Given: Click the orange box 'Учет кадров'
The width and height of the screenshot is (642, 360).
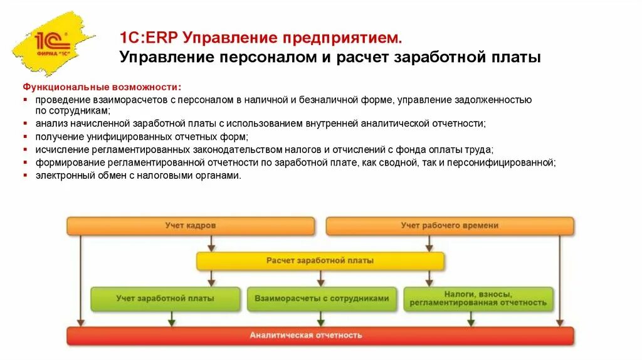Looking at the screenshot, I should (x=191, y=226).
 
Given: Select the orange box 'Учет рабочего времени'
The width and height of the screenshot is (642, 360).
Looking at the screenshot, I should (x=450, y=226).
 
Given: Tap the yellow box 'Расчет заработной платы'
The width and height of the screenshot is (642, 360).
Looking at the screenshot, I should (x=320, y=261).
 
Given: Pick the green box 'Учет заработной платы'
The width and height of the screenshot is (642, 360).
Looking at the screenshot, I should (x=166, y=299).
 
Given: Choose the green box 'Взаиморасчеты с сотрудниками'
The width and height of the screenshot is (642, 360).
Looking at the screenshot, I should (x=322, y=299).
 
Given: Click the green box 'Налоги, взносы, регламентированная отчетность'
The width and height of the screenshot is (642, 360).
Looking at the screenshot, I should (x=478, y=299).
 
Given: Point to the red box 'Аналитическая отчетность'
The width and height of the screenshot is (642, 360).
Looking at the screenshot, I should (x=320, y=336).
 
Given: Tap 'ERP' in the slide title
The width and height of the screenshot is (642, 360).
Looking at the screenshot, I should (x=162, y=38).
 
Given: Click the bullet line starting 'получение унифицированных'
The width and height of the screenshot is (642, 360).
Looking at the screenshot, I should (x=142, y=137).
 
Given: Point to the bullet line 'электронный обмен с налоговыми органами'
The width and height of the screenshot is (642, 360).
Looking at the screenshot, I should (x=138, y=176).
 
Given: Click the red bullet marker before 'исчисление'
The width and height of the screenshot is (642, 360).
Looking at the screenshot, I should (x=26, y=150).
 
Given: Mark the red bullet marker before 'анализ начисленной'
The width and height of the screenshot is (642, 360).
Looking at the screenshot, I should (x=26, y=124).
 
